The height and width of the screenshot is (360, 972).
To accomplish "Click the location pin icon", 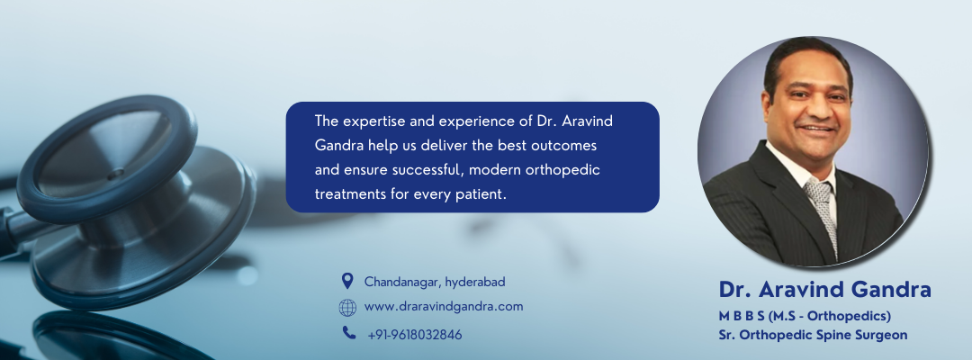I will coord(347,281).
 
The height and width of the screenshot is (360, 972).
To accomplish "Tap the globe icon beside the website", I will coord(347,308).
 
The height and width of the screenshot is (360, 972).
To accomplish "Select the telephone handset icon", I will coord(348,333).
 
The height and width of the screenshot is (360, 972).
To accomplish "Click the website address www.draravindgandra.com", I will coord(444,307).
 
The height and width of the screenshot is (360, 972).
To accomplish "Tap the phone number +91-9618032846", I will coord(415,334).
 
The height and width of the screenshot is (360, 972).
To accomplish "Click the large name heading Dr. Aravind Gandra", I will coord(824,290).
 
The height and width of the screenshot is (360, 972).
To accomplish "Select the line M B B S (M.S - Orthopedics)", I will coord(805,316).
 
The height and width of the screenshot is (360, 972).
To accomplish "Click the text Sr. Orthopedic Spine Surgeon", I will coord(813,334).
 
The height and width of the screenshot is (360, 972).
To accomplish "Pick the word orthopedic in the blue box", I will coord(568,169).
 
